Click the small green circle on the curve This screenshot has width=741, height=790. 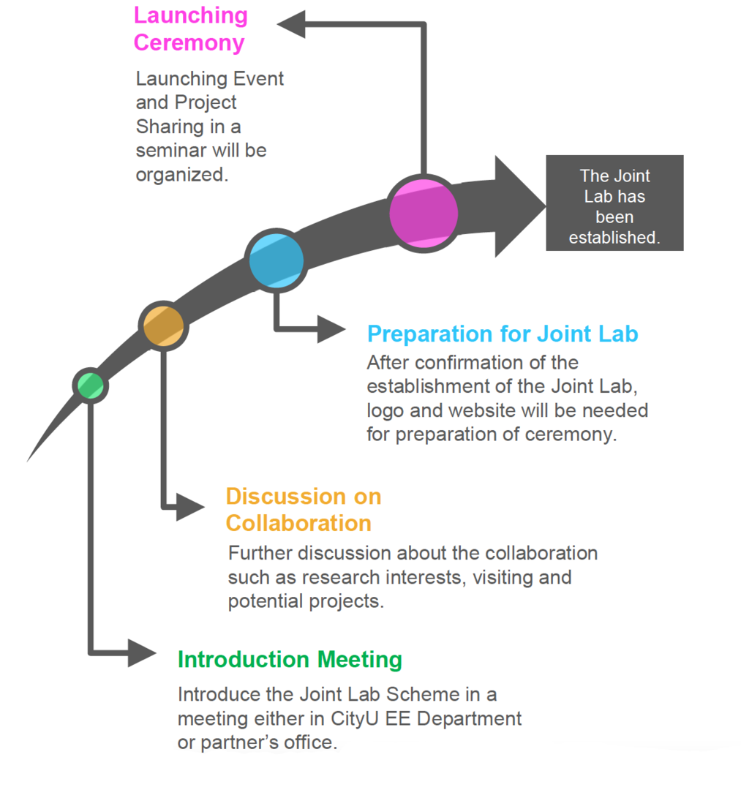click(x=91, y=385)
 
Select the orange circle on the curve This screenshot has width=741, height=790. click(x=164, y=326)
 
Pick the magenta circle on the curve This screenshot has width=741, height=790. click(x=424, y=213)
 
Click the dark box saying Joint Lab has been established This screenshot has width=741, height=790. click(x=614, y=203)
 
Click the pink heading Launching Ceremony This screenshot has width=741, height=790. click(x=190, y=29)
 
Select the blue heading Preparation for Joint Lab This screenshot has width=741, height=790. click(x=503, y=334)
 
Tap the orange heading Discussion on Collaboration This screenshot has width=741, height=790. click(x=303, y=509)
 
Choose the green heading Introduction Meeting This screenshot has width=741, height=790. click(x=290, y=659)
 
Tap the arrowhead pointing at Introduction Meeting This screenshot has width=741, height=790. click(x=142, y=652)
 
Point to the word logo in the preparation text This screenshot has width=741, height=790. click(x=385, y=410)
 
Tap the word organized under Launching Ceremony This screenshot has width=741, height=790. click(x=177, y=175)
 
